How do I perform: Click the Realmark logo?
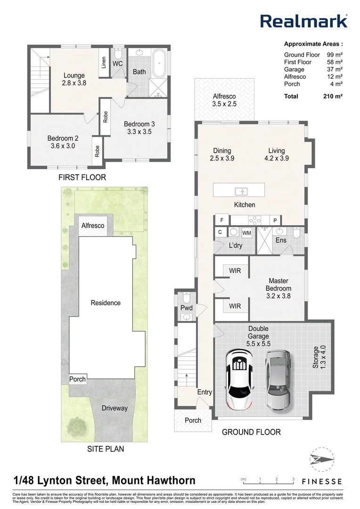(x=304, y=21)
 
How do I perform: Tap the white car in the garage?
(x=240, y=379)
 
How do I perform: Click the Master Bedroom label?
(x=278, y=288)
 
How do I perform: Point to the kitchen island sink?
(x=242, y=191)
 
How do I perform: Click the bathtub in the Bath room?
(x=159, y=63)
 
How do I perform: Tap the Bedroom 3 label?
(x=139, y=128)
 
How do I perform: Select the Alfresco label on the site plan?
(x=93, y=226)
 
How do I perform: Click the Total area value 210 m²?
(x=333, y=96)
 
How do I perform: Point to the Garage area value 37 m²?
(x=335, y=69)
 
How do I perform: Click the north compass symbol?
(x=322, y=460)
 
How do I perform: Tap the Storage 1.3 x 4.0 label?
(x=319, y=357)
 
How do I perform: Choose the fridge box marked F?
(x=222, y=220)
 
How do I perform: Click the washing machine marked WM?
(x=247, y=233)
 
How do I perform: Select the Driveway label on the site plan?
(x=115, y=408)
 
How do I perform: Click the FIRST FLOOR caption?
(x=82, y=177)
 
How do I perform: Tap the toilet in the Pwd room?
(x=186, y=297)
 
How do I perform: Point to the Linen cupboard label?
(x=104, y=63)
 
